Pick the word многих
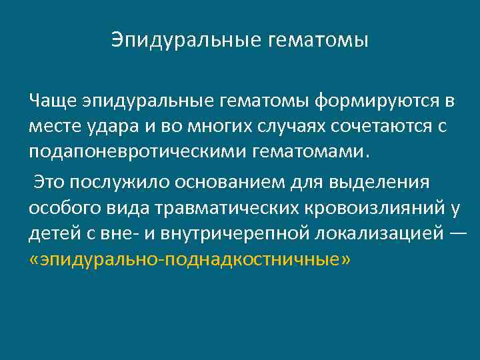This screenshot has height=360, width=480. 194,126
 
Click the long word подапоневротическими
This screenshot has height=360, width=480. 138,151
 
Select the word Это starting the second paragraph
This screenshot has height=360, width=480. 49,182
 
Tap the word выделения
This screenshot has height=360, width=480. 387,182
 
